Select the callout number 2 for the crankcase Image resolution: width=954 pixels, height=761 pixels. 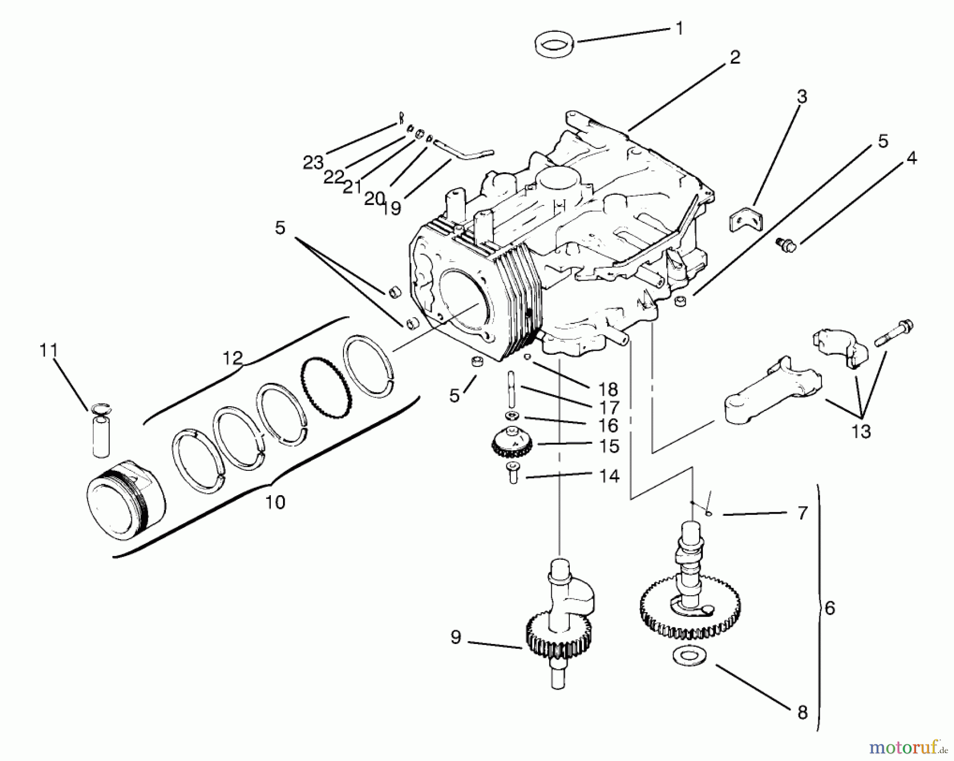734,58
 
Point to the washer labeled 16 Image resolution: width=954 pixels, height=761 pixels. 512,415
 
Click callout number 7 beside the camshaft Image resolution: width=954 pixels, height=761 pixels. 802,513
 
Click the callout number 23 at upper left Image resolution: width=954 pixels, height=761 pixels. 313,163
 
